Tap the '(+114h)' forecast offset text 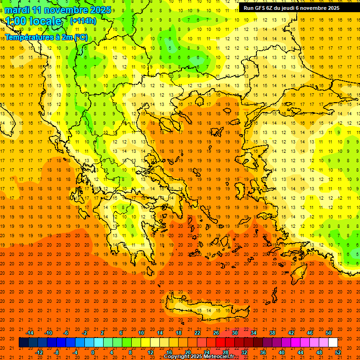click(83, 21)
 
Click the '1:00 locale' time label click(33, 21)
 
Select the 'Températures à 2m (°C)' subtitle click(46, 37)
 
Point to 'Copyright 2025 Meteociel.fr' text click(199, 357)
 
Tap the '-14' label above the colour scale click(30, 333)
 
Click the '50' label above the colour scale click(329, 333)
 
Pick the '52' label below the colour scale click(338, 352)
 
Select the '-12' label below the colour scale click(39, 352)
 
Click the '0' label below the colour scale click(93, 352)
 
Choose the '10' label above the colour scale click(141, 333)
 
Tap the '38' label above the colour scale click(272, 333)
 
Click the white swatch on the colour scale click(333, 342)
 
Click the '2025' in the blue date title click(99, 10)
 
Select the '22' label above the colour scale click(197, 333)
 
